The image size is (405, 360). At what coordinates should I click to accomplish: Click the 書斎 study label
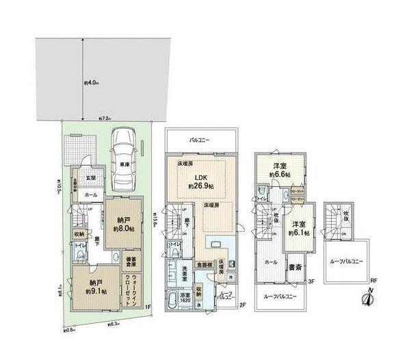coord(296,267)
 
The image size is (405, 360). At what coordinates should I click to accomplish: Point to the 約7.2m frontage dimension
coord(105,118)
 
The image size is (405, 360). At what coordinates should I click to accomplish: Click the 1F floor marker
coord(148,307)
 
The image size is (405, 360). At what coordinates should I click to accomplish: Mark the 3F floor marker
coord(311,281)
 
